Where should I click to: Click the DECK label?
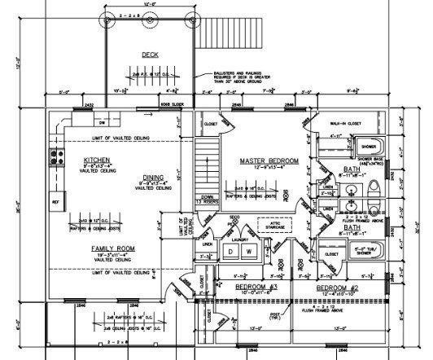pyautogui.click(x=150, y=55)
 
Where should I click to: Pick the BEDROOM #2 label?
pyautogui.click(x=339, y=288)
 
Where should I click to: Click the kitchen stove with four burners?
pyautogui.click(x=57, y=155)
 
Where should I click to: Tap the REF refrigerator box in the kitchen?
pyautogui.click(x=57, y=201)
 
